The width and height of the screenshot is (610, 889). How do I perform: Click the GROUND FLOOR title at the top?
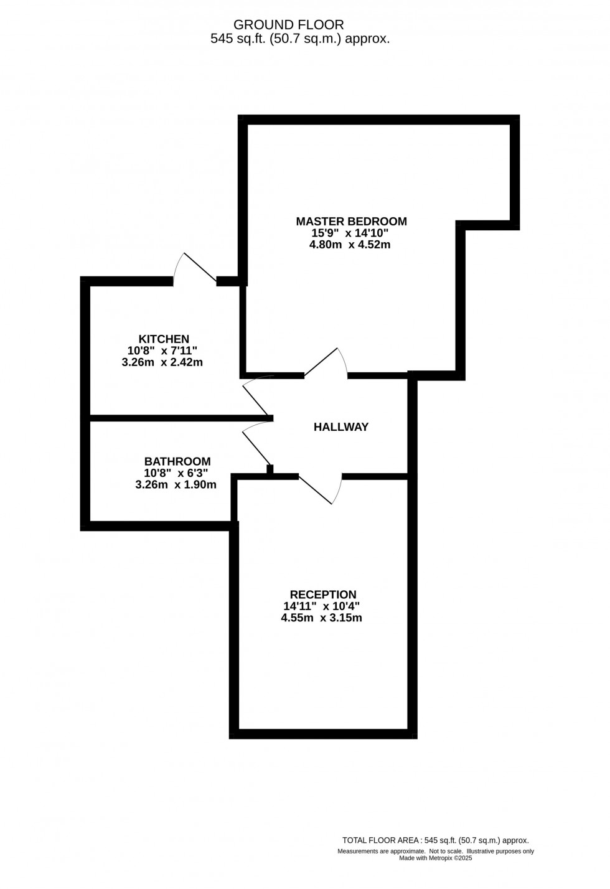tap(289, 25)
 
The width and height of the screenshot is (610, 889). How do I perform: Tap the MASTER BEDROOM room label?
tap(351, 221)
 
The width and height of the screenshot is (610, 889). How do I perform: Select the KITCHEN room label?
tap(164, 339)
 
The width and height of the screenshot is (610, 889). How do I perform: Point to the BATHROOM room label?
tap(177, 461)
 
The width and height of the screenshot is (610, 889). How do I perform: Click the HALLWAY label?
tap(341, 426)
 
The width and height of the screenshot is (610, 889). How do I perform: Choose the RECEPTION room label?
tap(323, 595)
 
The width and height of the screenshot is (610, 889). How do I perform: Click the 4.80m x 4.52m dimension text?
tap(350, 245)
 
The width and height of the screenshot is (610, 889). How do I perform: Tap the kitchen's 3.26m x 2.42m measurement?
tap(162, 362)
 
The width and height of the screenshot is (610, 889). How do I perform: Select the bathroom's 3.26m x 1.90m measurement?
tap(176, 484)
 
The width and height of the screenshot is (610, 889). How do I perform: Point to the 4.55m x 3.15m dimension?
tap(321, 618)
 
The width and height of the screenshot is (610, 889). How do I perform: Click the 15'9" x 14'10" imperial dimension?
tap(350, 233)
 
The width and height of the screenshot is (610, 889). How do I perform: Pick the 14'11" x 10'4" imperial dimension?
tap(321, 606)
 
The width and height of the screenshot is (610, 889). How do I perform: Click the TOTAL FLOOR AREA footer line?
tap(435, 840)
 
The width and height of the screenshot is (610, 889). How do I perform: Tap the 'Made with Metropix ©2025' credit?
tap(435, 858)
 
